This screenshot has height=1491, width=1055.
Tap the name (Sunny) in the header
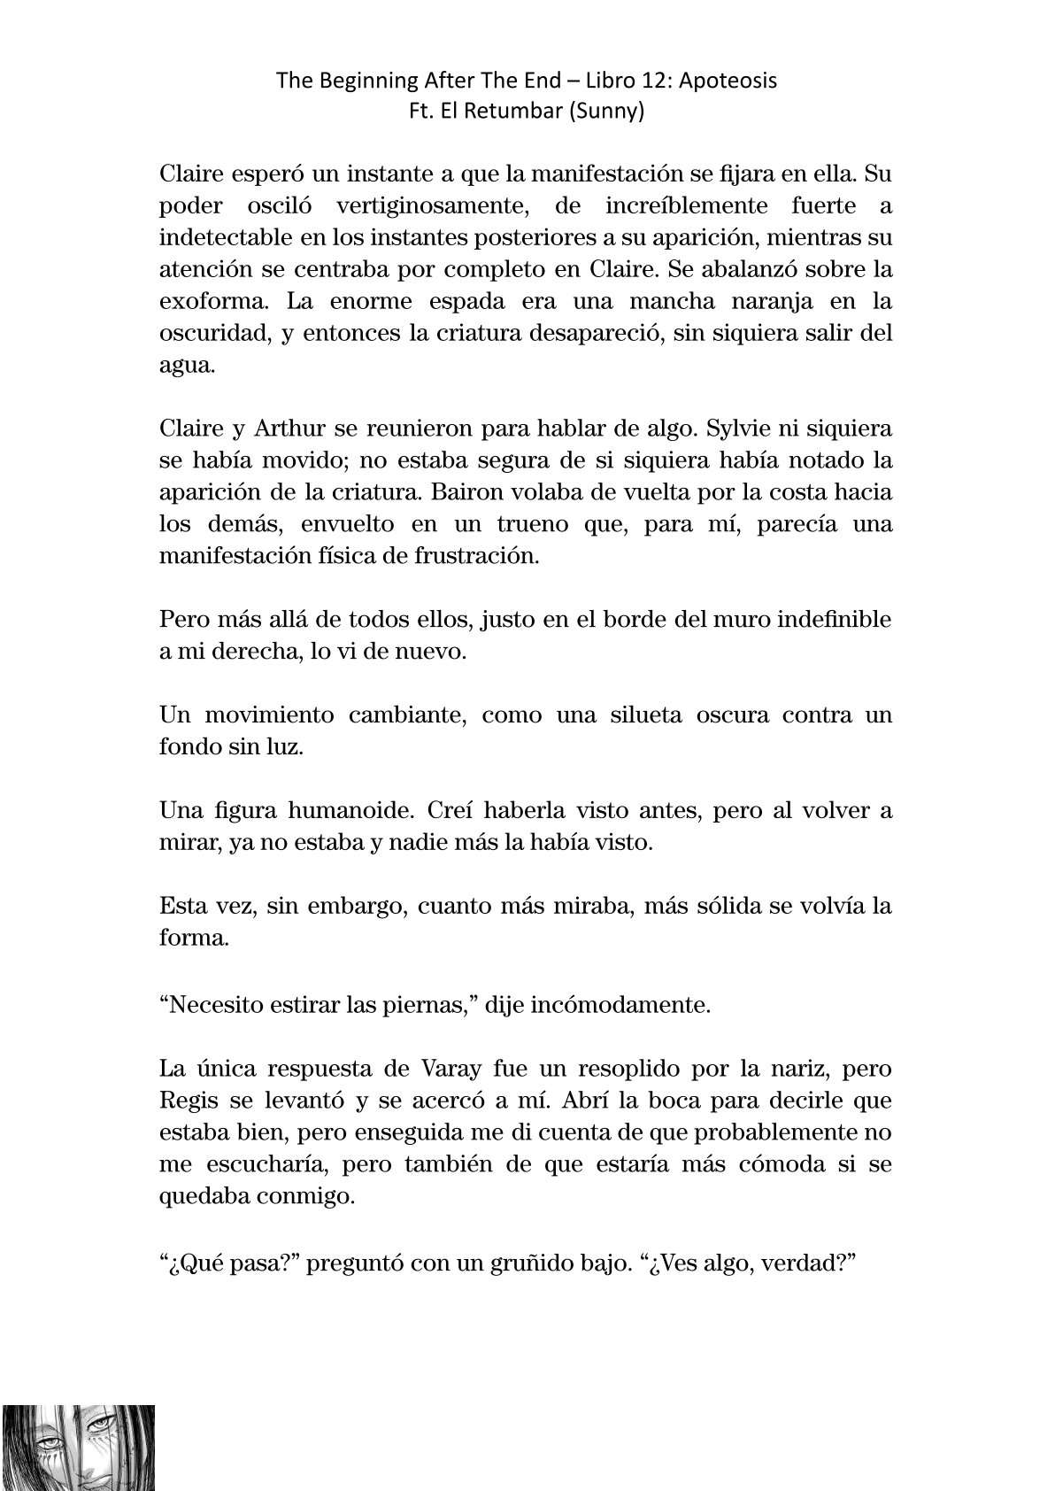point(611,112)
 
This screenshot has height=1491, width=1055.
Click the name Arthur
point(283,429)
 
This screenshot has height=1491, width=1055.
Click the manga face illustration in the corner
point(78,1447)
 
